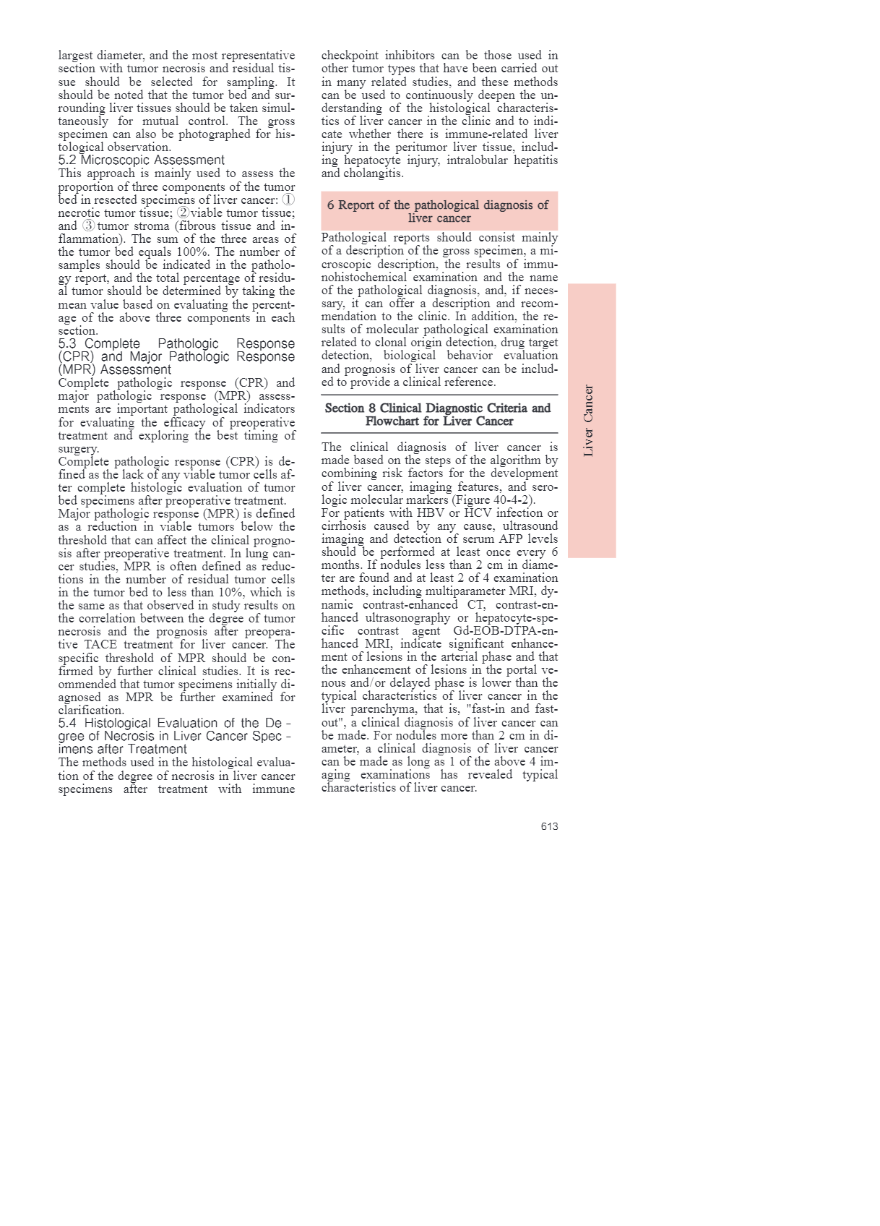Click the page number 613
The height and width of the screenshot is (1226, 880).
[x=549, y=826]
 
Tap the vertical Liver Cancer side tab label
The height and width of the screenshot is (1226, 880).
[x=589, y=421]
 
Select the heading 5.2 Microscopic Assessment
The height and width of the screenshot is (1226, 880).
[x=142, y=160]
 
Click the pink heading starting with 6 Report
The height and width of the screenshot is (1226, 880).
[x=439, y=211]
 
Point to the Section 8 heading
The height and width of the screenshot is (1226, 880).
[x=439, y=414]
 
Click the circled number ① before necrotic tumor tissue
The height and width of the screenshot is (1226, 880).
[x=288, y=200]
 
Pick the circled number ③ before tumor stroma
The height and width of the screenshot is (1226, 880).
[x=89, y=226]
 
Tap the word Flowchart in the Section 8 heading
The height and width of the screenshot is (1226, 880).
[x=399, y=421]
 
